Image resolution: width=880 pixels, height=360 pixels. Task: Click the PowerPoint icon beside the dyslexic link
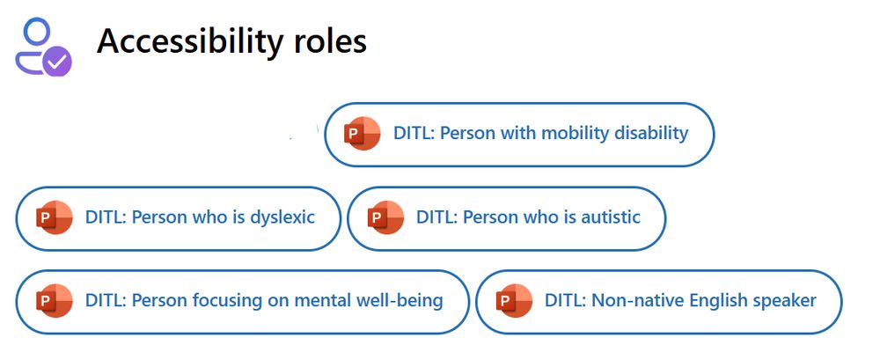[x=55, y=217]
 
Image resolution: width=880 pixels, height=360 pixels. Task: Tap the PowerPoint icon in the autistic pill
[x=385, y=217]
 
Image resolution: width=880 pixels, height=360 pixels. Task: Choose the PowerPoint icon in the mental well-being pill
[x=55, y=301]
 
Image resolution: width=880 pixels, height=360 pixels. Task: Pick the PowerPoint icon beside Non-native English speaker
[x=514, y=301]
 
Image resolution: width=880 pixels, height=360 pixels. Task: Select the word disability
[x=652, y=133]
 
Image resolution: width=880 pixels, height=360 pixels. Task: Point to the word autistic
[x=609, y=217]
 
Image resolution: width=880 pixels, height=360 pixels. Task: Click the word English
[x=718, y=301]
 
